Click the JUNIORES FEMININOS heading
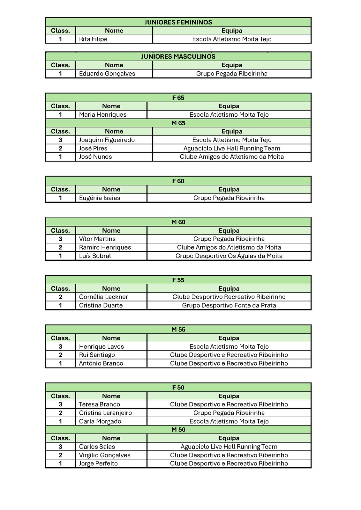tap(178, 22)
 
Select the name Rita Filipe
tap(93, 39)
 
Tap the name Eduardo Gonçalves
tap(107, 74)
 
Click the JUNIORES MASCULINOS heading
tap(178, 57)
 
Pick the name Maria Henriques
tap(103, 115)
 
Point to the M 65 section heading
tap(178, 123)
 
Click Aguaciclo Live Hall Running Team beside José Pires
tap(232, 149)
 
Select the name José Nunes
tap(95, 157)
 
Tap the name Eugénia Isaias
tap(100, 198)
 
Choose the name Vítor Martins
tap(97, 239)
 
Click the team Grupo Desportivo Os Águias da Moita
tap(229, 256)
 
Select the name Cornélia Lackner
tap(103, 297)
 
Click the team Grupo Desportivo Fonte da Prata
tap(229, 305)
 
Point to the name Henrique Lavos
tap(102, 347)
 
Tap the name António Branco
tap(101, 363)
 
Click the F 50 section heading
tap(178, 388)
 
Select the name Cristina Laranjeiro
tap(105, 413)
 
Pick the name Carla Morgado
tap(100, 421)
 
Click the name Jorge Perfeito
tap(98, 464)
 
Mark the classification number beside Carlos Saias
tap(60, 447)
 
